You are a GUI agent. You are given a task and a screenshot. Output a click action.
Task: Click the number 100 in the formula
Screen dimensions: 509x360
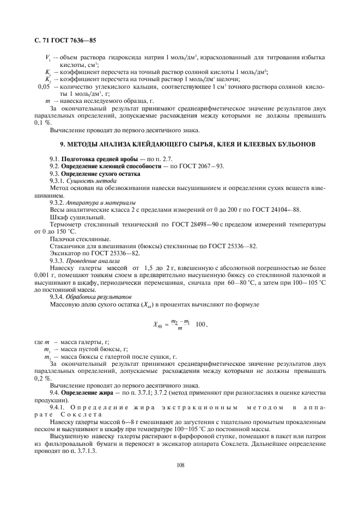click(200, 324)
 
